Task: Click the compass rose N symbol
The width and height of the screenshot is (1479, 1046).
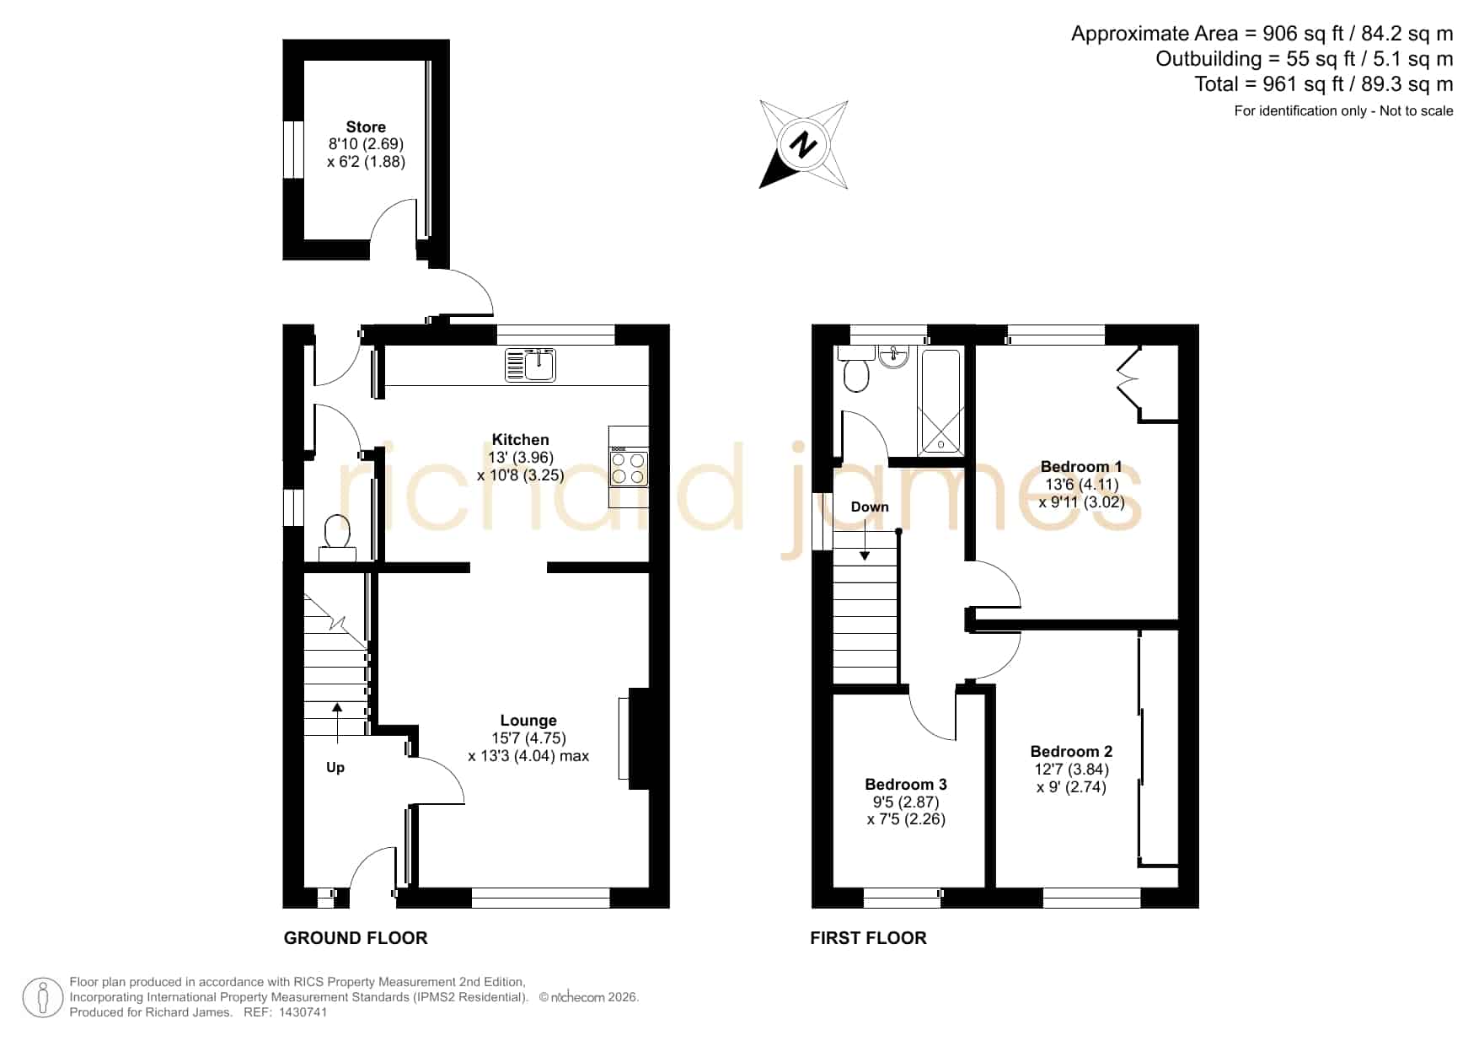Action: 803,144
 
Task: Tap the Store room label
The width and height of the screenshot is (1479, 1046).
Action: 366,127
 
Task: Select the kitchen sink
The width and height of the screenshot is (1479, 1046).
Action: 531,365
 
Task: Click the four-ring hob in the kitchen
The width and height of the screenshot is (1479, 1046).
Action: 629,469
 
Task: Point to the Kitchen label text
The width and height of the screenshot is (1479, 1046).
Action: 520,439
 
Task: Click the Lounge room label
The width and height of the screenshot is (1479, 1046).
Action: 528,721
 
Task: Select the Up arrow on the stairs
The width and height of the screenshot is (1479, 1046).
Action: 337,723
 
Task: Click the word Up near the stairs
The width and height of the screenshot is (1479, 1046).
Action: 335,768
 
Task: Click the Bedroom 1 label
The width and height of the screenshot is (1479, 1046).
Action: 1081,467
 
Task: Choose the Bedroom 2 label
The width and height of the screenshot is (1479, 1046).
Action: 1071,752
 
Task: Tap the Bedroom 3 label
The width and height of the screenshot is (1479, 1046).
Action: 906,785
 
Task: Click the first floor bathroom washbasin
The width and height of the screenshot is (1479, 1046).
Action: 893,357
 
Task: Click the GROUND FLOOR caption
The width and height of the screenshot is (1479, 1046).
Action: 356,938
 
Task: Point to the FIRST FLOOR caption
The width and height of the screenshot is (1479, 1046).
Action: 868,938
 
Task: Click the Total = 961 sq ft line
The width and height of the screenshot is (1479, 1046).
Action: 1323,84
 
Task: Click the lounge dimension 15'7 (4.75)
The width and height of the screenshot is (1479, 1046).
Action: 528,738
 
